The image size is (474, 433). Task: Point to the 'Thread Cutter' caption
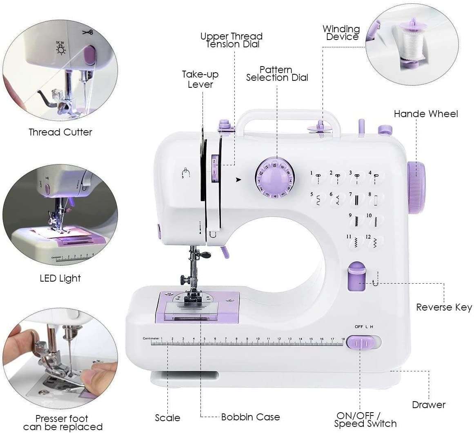click(60, 132)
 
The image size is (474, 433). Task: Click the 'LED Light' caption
click(60, 278)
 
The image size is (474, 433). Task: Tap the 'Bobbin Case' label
click(250, 417)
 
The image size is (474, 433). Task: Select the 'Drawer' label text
click(429, 405)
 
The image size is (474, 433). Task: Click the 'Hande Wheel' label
click(426, 114)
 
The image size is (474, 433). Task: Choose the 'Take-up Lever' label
click(200, 79)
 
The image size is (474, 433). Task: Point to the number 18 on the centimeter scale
click(343, 339)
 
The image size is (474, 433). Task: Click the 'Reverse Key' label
click(444, 307)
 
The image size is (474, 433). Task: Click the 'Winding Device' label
click(342, 33)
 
